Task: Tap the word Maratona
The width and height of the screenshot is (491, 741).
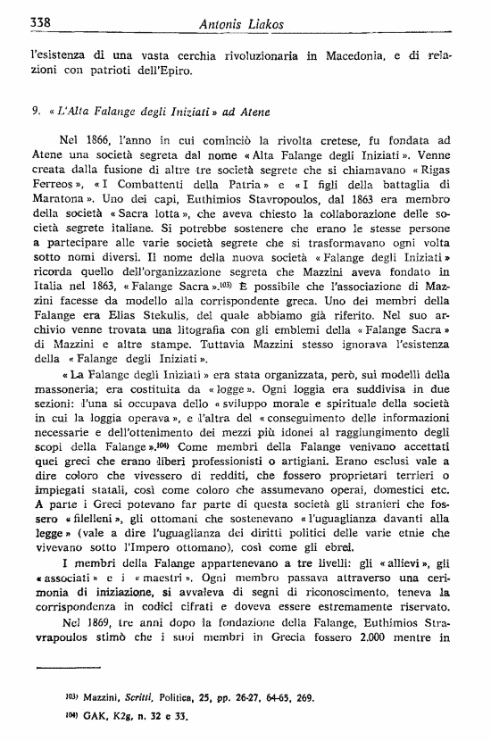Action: (x=61, y=204)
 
